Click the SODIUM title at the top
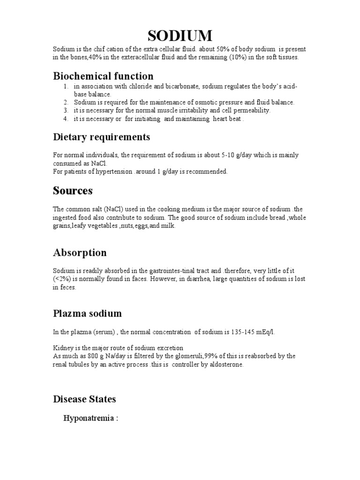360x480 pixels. (x=180, y=36)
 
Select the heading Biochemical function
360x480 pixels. (x=103, y=76)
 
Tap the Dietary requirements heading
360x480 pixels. (x=101, y=137)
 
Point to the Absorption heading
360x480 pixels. (x=79, y=253)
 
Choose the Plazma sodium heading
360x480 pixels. (x=87, y=314)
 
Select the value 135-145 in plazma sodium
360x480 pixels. (x=244, y=332)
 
